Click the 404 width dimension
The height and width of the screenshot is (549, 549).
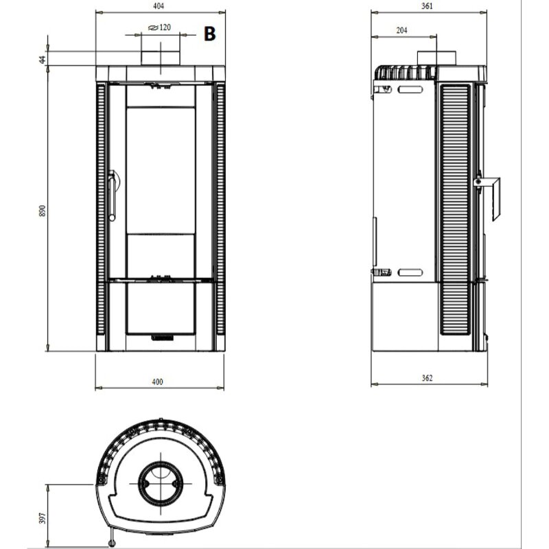point(159,6)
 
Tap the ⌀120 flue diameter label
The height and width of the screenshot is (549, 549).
point(159,28)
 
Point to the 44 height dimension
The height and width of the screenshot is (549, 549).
point(43,60)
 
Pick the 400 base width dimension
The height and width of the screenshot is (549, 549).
point(159,382)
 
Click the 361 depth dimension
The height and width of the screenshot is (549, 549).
point(427,6)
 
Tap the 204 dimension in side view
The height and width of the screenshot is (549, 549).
point(403,30)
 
